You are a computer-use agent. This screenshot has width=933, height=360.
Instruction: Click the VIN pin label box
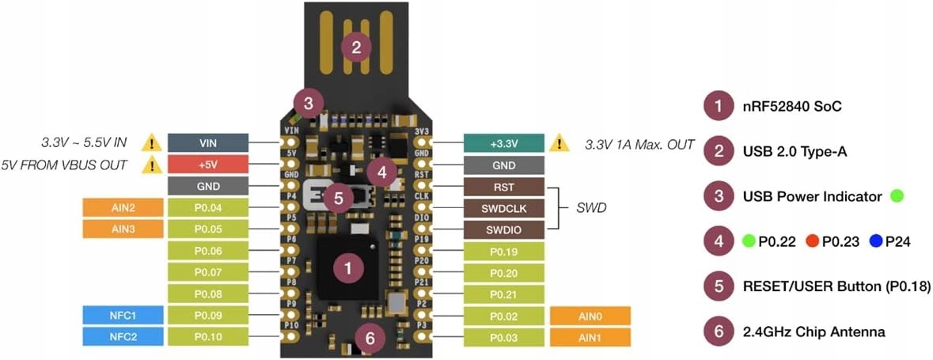tap(208, 143)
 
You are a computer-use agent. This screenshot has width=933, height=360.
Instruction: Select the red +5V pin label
tap(208, 165)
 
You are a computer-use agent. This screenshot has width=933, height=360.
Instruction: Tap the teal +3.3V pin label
tap(504, 143)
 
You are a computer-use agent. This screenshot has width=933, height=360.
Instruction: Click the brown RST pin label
tap(504, 187)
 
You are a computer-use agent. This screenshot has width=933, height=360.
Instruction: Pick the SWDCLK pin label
tap(504, 208)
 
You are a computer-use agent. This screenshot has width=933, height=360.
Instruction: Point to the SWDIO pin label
tap(504, 229)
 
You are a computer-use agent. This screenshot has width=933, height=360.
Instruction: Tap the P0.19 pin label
tap(504, 252)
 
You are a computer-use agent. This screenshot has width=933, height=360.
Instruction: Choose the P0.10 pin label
tap(208, 337)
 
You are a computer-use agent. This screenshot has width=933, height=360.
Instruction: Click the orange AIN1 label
tap(590, 337)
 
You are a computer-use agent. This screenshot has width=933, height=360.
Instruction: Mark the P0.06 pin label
tap(208, 251)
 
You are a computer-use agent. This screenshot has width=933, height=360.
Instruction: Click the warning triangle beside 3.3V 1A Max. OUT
tap(559, 143)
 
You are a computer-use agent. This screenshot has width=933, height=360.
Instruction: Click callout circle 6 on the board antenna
tap(370, 338)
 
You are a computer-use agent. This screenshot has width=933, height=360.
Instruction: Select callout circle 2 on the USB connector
tap(356, 47)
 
